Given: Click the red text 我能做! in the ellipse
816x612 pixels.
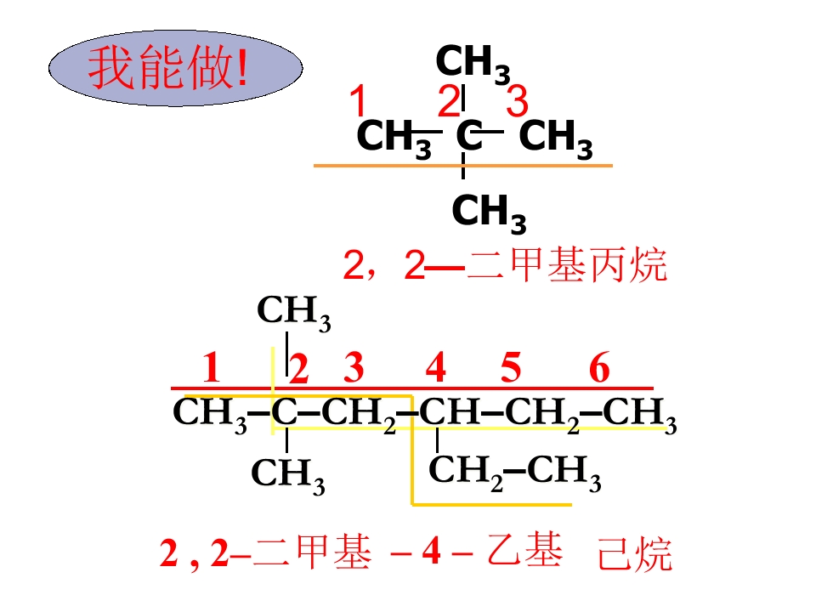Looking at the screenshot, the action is click(x=168, y=67).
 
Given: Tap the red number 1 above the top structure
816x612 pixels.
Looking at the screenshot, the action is click(x=358, y=100).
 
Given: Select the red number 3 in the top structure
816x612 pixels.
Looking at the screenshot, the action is click(x=518, y=100).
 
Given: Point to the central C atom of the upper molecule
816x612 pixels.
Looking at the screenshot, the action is click(x=469, y=135).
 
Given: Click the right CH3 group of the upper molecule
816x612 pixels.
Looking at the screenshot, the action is click(x=556, y=139).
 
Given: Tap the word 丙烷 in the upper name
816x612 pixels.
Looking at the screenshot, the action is click(x=627, y=265).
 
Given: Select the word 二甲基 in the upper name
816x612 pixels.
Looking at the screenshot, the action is click(x=527, y=265).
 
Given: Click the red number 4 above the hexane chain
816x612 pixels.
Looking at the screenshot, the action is click(x=436, y=367).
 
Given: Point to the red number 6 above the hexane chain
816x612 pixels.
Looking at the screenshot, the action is click(x=599, y=367).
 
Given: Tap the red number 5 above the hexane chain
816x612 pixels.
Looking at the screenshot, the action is click(x=511, y=367).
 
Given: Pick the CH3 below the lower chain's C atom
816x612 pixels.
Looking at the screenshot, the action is click(x=288, y=475).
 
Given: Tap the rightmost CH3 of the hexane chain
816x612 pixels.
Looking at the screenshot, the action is click(x=640, y=415).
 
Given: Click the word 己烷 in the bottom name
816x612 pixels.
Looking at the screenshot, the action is click(x=635, y=553).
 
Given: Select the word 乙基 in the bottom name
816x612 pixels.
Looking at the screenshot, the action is click(x=525, y=551).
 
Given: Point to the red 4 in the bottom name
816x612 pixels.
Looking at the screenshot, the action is click(x=432, y=552).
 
